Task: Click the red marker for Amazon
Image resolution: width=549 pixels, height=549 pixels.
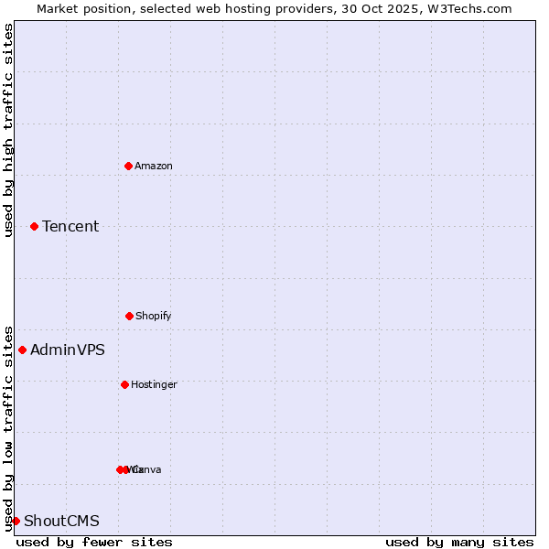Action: pyautogui.click(x=128, y=166)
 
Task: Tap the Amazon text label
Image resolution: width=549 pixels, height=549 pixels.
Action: pyautogui.click(x=154, y=166)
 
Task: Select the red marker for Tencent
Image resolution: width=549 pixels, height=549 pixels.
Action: pyautogui.click(x=34, y=226)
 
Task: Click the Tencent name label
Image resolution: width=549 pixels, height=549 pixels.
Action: pyautogui.click(x=70, y=226)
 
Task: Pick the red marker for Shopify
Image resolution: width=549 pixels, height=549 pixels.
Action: pyautogui.click(x=129, y=316)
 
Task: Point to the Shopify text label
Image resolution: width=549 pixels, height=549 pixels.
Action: pyautogui.click(x=154, y=316)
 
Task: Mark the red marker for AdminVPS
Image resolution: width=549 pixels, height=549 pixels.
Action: pyautogui.click(x=22, y=350)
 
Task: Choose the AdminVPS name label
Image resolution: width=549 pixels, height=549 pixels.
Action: pyautogui.click(x=68, y=350)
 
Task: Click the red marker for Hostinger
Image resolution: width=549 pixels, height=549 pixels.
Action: pyautogui.click(x=124, y=384)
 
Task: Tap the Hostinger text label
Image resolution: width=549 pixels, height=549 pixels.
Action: pyautogui.click(x=154, y=384)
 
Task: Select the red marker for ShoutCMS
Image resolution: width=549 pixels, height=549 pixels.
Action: pyautogui.click(x=16, y=521)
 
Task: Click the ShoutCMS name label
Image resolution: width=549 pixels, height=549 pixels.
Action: pyautogui.click(x=61, y=521)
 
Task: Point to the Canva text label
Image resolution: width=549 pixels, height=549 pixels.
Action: pyautogui.click(x=148, y=469)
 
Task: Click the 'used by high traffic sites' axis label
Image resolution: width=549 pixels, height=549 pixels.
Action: pyautogui.click(x=8, y=130)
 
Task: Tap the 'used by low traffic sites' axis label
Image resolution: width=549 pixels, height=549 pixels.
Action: pyautogui.click(x=8, y=427)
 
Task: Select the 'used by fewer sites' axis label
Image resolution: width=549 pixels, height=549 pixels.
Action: pyautogui.click(x=94, y=542)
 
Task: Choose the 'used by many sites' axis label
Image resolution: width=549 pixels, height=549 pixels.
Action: pyautogui.click(x=459, y=542)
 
